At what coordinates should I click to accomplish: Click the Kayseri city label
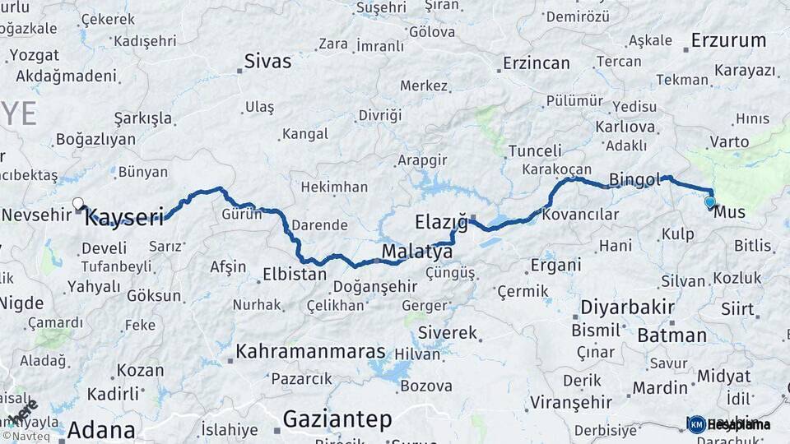[x=124, y=218]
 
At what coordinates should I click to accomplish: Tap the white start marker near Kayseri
[x=78, y=203]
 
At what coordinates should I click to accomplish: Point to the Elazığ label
[x=441, y=222]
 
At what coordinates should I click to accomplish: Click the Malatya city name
[x=417, y=251]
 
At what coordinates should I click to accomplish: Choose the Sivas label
[x=268, y=62]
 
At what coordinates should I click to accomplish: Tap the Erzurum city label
[x=728, y=40]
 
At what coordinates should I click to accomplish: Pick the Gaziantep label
[x=337, y=419]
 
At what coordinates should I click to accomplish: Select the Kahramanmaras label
[x=311, y=352]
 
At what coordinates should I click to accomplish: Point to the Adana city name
[x=101, y=430]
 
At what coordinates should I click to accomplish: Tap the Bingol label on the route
[x=635, y=179]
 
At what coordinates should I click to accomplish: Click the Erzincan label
[x=537, y=63]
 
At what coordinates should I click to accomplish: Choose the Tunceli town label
[x=535, y=151]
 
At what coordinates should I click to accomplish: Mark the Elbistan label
[x=295, y=275]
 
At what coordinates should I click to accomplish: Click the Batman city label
[x=671, y=335]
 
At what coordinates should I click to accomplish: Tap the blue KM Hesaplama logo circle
[x=696, y=424]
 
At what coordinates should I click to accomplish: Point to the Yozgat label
[x=33, y=56]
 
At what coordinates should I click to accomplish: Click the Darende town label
[x=320, y=224]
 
